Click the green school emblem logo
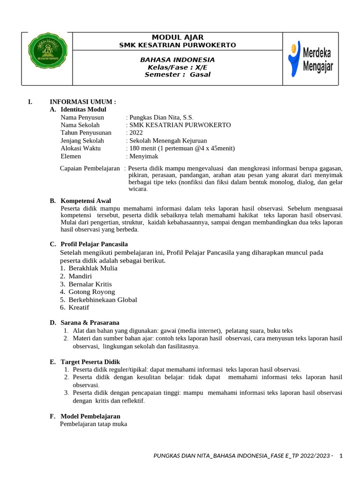pyautogui.click(x=47, y=59)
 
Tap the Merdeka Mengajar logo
pyautogui.click(x=310, y=59)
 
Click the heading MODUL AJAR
pyautogui.click(x=178, y=37)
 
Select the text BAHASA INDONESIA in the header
pyautogui.click(x=178, y=60)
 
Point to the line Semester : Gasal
pyautogui.click(x=178, y=75)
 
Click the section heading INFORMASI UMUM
pyautogui.click(x=82, y=102)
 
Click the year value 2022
pyautogui.click(x=136, y=133)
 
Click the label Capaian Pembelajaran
pyautogui.click(x=90, y=168)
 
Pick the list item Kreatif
pyautogui.click(x=79, y=307)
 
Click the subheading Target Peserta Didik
pyautogui.click(x=90, y=362)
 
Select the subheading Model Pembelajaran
pyautogui.click(x=90, y=416)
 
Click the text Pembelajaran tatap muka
pyautogui.click(x=93, y=424)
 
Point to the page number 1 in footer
pyautogui.click(x=341, y=456)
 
